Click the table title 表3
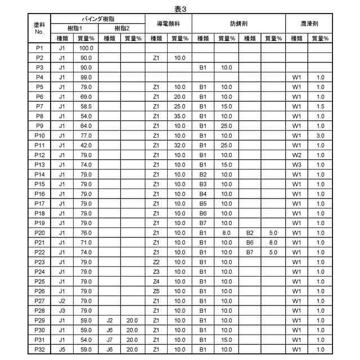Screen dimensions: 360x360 (x=180, y=8)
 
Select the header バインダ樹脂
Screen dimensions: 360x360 (x=98, y=19)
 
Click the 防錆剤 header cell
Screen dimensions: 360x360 (x=239, y=24)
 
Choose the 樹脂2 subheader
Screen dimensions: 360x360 (x=121, y=28)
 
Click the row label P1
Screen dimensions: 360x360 (x=39, y=48)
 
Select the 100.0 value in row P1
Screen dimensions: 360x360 (x=86, y=48)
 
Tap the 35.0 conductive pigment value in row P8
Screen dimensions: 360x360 (x=179, y=116)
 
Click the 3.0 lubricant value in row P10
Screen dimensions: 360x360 (x=320, y=136)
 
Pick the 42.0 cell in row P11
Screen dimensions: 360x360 (x=86, y=145)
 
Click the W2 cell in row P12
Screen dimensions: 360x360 (x=297, y=155)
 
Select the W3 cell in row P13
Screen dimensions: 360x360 (x=297, y=164)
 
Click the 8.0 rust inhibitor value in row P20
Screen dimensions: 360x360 (x=226, y=232)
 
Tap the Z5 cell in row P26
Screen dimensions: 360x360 (x=156, y=291)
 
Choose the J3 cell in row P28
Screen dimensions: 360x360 (x=62, y=310)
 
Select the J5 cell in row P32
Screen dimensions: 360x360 (x=62, y=349)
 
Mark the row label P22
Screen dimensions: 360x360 (x=39, y=252)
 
